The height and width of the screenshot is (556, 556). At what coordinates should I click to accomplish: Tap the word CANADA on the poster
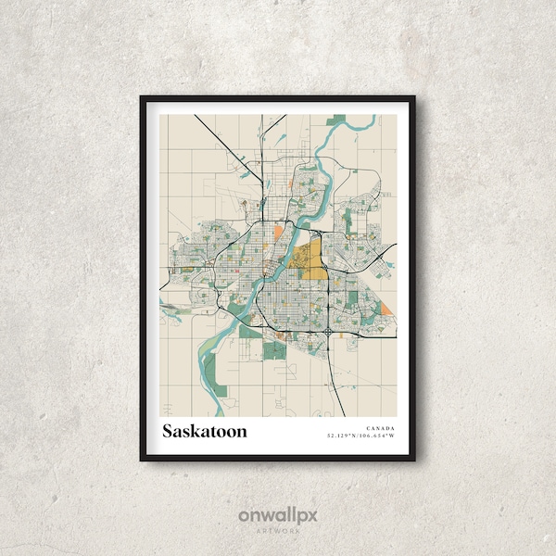(380, 427)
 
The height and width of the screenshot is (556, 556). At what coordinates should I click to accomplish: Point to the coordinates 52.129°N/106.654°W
(360, 435)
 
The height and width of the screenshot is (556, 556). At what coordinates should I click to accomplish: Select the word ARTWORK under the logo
(278, 531)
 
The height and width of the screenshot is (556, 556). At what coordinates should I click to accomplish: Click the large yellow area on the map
(309, 260)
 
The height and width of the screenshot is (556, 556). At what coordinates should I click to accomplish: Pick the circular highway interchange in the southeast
(330, 331)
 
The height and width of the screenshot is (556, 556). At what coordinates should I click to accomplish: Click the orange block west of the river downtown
(278, 232)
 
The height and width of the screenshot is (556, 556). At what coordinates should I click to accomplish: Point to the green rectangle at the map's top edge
(339, 120)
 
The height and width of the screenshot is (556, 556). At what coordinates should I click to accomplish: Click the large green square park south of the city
(274, 350)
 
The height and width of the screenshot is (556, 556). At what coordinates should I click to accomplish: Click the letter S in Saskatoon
(169, 431)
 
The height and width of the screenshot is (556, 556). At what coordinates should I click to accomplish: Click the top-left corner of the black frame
(141, 96)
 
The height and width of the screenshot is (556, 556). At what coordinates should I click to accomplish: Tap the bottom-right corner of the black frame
(415, 461)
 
